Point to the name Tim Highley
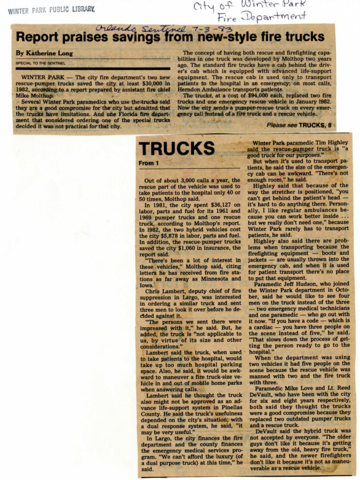click(x=325, y=143)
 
